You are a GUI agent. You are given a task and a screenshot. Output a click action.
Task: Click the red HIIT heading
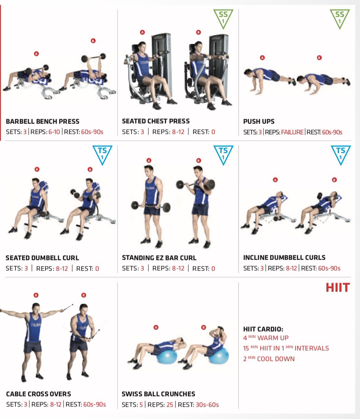pyautogui.click(x=338, y=287)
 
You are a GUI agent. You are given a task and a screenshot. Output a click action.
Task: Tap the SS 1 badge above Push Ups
pyautogui.click(x=340, y=19)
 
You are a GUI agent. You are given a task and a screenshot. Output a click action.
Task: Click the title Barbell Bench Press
pyautogui.click(x=43, y=121)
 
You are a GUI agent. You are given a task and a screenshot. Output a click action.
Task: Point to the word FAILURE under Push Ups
pyautogui.click(x=292, y=132)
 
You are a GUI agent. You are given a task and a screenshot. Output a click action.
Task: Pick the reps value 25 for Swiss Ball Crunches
pyautogui.click(x=170, y=405)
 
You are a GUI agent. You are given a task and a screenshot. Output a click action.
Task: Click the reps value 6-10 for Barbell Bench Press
pyautogui.click(x=54, y=132)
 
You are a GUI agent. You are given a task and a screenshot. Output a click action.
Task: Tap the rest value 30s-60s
pyautogui.click(x=207, y=405)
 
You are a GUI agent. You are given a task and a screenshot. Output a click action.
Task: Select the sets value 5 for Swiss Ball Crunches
pyautogui.click(x=141, y=405)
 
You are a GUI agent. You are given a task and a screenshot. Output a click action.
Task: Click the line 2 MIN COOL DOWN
pyautogui.click(x=269, y=359)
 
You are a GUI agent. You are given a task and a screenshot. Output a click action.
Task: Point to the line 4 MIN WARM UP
pyautogui.click(x=266, y=338)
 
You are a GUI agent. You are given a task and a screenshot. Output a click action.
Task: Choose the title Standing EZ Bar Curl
pyautogui.click(x=159, y=258)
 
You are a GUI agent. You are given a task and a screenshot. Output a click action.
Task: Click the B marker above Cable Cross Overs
pyautogui.click(x=83, y=295)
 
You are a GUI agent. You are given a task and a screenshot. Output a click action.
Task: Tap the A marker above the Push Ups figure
pyautogui.click(x=262, y=58)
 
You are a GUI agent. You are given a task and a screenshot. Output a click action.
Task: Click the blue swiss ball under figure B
pyautogui.click(x=219, y=355)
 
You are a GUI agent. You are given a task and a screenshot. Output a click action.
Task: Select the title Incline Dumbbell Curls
pyautogui.click(x=284, y=257)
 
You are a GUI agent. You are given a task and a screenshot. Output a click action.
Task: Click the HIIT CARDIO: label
pyautogui.click(x=263, y=329)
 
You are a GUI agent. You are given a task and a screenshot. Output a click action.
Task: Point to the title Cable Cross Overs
pyautogui.click(x=38, y=394)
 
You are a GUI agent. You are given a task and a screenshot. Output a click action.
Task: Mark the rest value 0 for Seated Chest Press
pyautogui.click(x=213, y=132)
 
